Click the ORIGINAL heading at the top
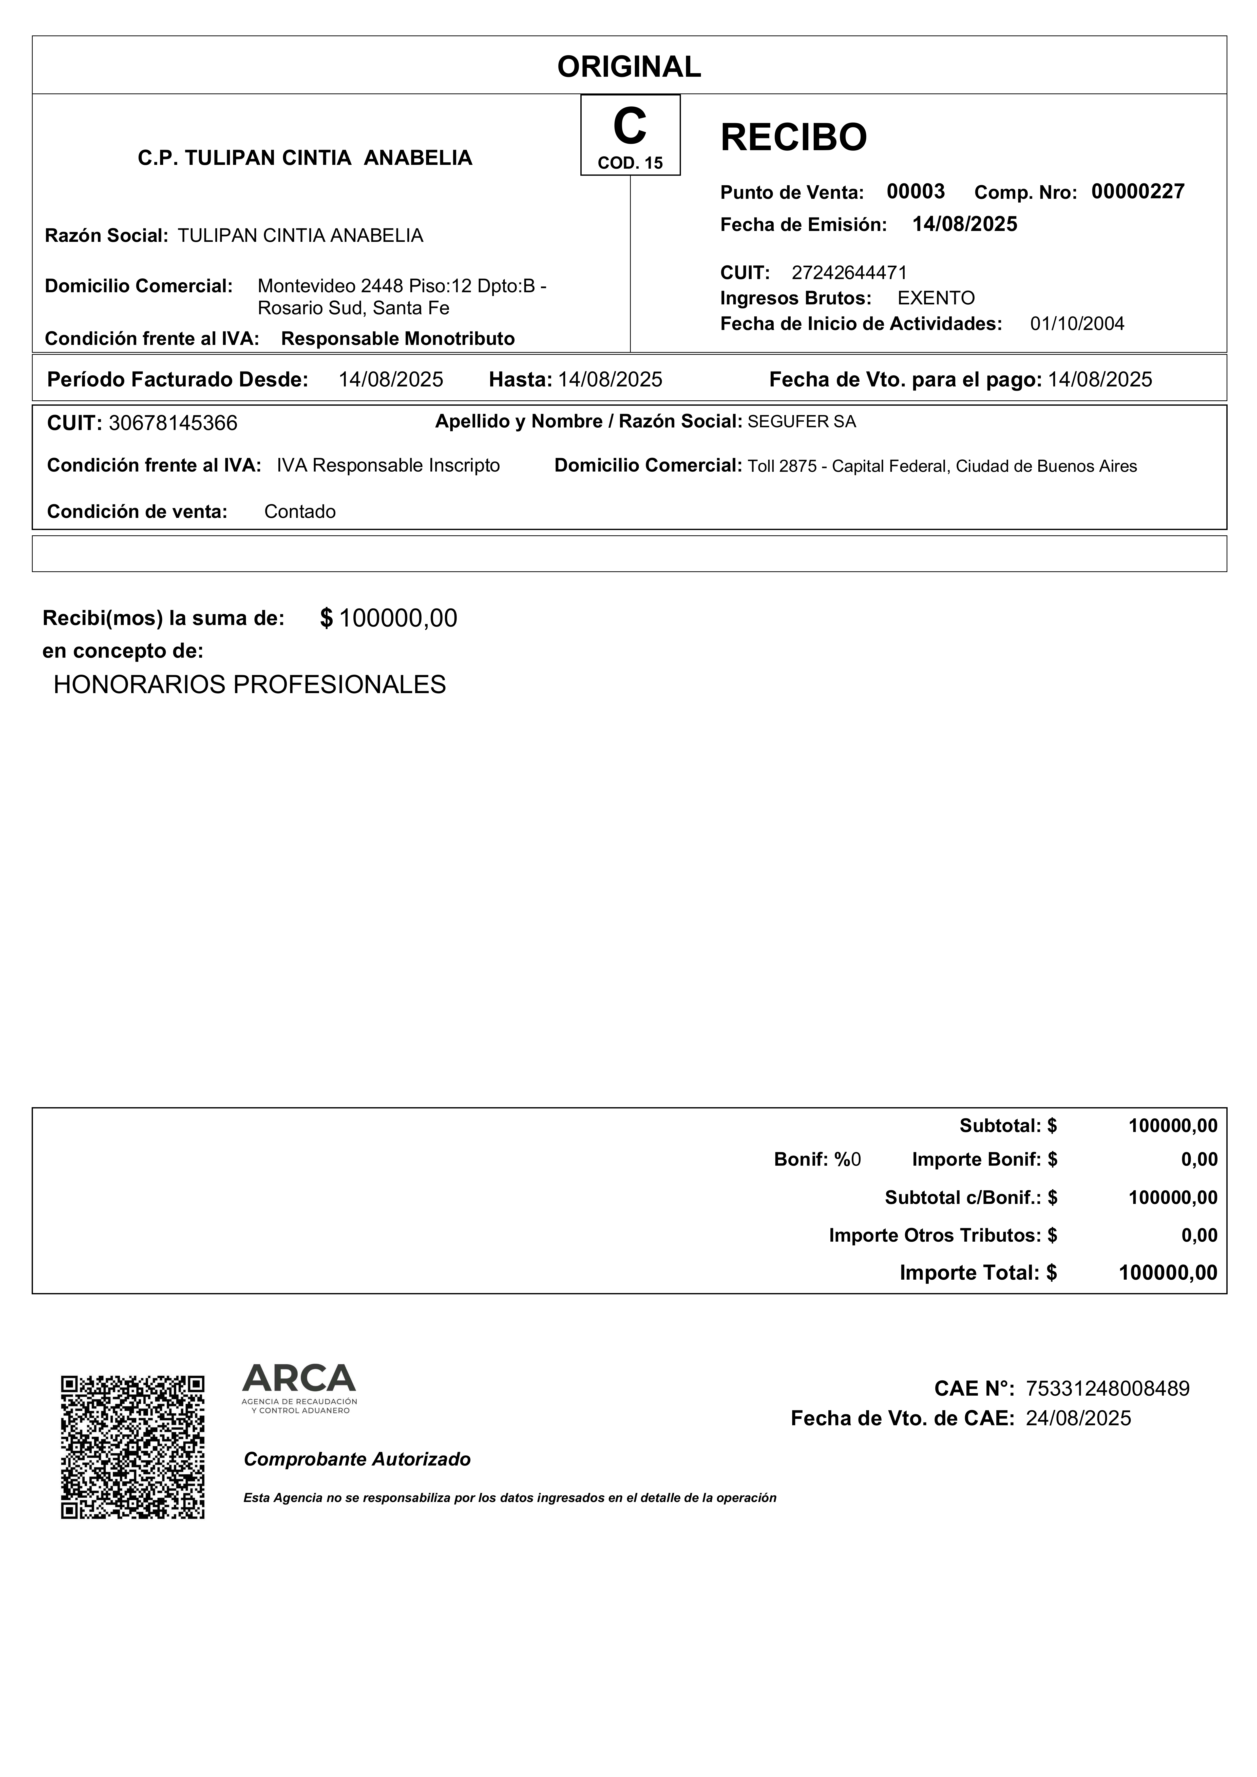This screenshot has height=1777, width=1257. [x=629, y=67]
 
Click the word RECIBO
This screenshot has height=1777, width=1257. [x=793, y=138]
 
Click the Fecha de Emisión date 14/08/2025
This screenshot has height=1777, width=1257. [x=964, y=224]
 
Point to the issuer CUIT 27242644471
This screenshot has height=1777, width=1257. [x=849, y=272]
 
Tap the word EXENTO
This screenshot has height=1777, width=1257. [x=936, y=298]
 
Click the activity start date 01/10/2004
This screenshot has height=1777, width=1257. [x=1077, y=323]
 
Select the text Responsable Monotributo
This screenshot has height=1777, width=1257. [x=398, y=338]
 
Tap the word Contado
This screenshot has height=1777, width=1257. [x=299, y=512]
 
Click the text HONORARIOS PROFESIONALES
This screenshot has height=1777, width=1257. [x=249, y=684]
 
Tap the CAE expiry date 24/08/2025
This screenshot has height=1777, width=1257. [x=1078, y=1418]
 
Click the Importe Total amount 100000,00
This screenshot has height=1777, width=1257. [x=1168, y=1272]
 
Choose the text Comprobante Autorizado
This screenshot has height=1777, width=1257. [x=357, y=1459]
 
